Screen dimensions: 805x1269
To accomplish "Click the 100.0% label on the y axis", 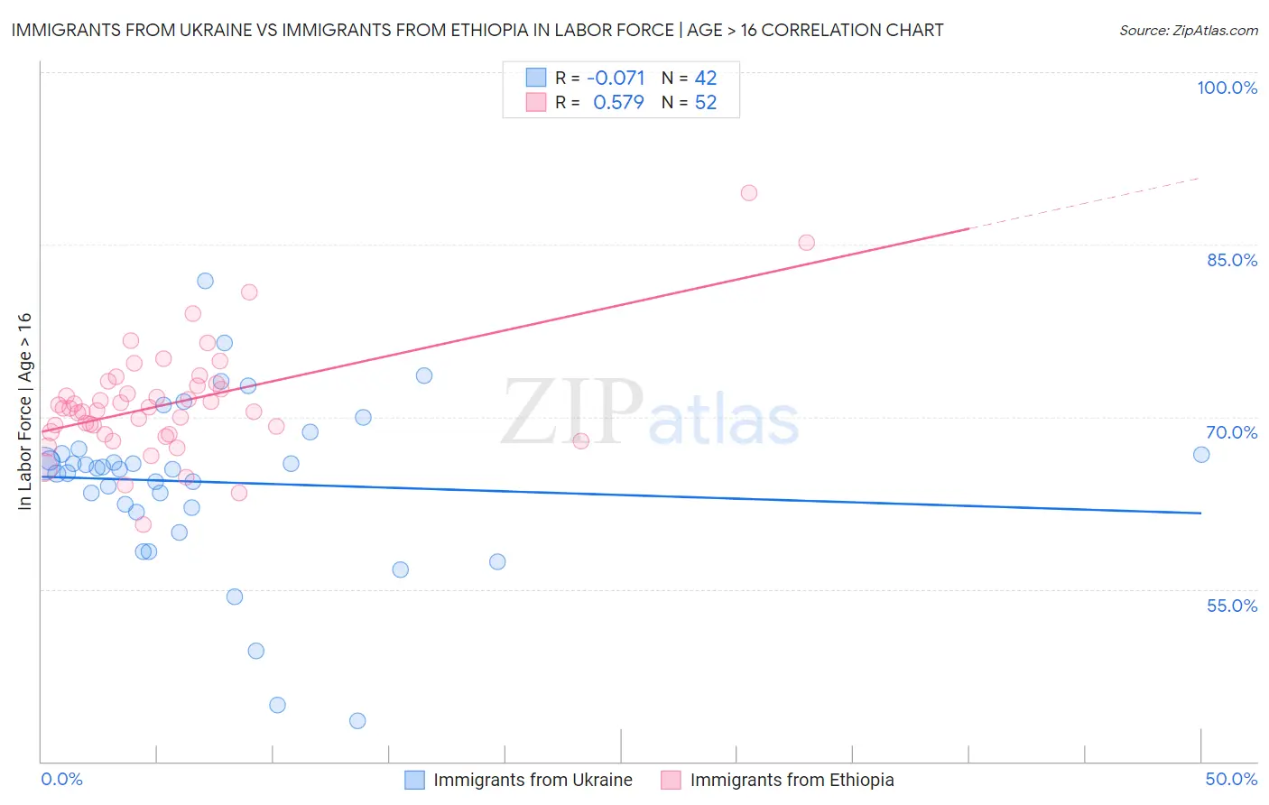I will tap(1227, 88).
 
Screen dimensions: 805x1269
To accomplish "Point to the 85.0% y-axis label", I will tap(1232, 260).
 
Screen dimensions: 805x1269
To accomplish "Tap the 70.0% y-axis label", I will tap(1231, 432).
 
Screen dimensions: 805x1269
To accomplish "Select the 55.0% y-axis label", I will tap(1231, 605).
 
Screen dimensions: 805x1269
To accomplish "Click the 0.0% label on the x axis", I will tap(61, 779).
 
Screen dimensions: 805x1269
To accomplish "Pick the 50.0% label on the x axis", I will tap(1231, 779).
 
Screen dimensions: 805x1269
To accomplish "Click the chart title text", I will tap(477, 30).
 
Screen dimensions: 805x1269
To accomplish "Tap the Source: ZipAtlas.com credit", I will tap(1188, 30).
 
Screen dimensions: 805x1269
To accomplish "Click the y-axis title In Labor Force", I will tap(24, 411).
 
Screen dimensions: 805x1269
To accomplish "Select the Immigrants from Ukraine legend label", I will tap(533, 780).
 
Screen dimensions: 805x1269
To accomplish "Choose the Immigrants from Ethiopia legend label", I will tap(792, 780).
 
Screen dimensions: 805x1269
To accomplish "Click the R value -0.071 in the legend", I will tap(616, 78).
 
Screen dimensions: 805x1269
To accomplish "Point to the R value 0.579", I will tap(618, 102).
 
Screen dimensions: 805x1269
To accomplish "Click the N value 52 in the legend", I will tap(706, 102).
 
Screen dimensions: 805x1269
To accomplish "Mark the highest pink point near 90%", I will tap(748, 192).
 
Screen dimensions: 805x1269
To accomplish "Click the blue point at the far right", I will tap(1201, 454).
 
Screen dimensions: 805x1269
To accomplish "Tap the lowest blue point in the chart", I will tap(357, 720).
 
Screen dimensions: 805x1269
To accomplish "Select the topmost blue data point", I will tap(205, 281).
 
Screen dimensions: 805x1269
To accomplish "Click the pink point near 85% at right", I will tap(806, 242).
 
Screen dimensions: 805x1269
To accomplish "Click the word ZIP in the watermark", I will tap(572, 412).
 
